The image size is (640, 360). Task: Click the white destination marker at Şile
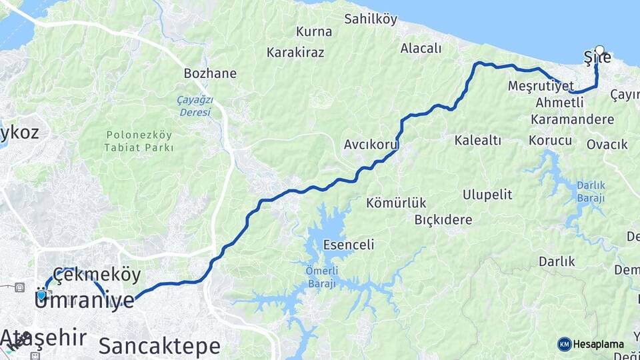click(x=599, y=50)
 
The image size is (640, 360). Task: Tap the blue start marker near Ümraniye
click(x=41, y=295)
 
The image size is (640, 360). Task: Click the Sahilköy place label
click(x=371, y=19)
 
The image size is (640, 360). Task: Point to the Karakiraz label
click(x=295, y=51)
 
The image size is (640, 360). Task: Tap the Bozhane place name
click(x=210, y=73)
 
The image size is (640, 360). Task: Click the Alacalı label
click(x=421, y=48)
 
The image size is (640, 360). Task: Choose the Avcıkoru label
click(x=371, y=144)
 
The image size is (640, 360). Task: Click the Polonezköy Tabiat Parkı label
click(x=139, y=141)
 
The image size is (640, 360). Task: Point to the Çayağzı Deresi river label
click(x=194, y=106)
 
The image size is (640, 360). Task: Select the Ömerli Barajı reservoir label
click(x=323, y=276)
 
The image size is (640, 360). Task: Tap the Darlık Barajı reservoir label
click(x=591, y=192)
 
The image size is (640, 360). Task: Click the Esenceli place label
click(x=348, y=245)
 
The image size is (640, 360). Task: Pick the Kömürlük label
click(x=396, y=203)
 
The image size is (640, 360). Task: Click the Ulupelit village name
click(x=487, y=195)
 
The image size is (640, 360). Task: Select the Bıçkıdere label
click(x=443, y=219)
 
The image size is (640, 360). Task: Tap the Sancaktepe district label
click(x=159, y=346)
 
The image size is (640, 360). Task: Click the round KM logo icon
click(x=564, y=344)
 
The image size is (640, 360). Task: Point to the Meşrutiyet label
click(x=541, y=87)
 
